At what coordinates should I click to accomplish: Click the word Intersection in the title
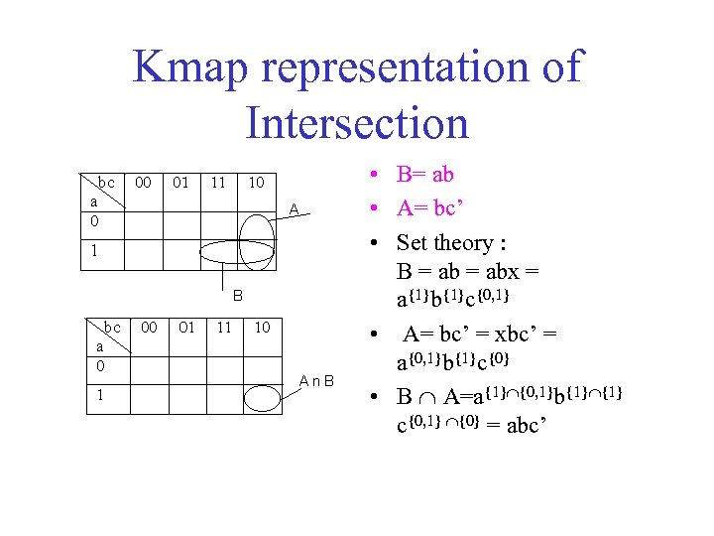(356, 122)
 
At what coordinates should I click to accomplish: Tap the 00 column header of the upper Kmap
(144, 183)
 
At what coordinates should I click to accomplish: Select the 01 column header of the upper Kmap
(180, 183)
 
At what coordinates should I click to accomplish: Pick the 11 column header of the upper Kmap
(218, 183)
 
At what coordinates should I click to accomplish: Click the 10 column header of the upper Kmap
(256, 183)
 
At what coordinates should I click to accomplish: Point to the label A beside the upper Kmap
(294, 209)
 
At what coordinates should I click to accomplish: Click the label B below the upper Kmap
(238, 295)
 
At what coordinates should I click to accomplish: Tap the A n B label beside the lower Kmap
(317, 380)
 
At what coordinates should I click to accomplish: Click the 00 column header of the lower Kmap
(149, 327)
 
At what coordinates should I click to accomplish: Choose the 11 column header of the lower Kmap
(224, 327)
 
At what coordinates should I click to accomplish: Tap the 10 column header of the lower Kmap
(262, 327)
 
